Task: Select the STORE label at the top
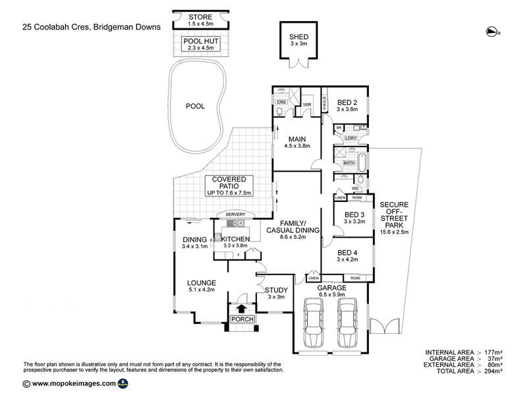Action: point(200,16)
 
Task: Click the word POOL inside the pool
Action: point(195,106)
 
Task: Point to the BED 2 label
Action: point(347,102)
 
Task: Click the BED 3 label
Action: point(354,213)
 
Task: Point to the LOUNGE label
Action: point(201,282)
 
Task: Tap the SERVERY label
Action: point(235,214)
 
